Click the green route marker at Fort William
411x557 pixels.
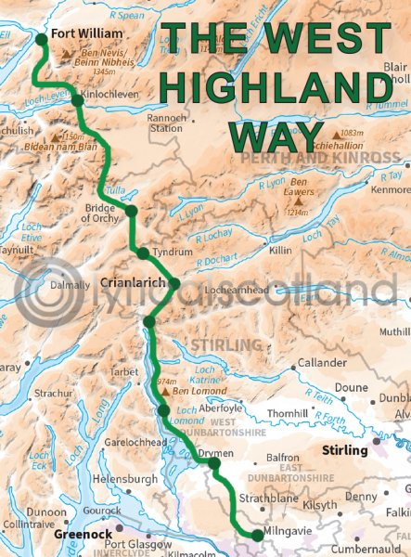(40, 39)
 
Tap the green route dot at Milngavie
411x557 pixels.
(257, 534)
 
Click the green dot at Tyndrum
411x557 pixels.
(142, 253)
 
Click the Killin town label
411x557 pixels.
(281, 251)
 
